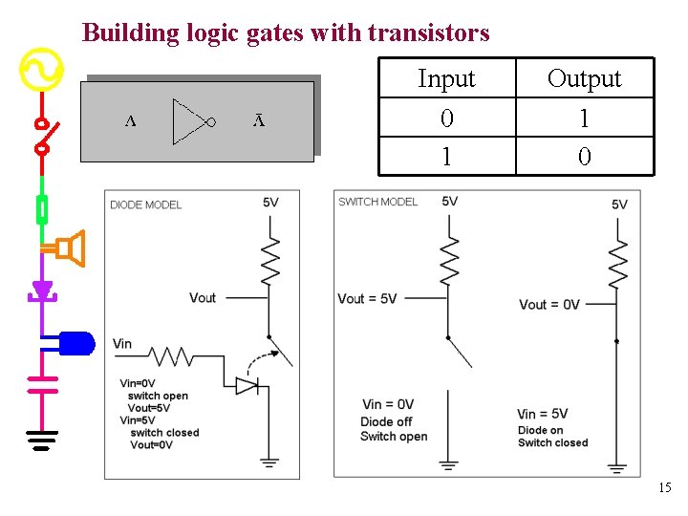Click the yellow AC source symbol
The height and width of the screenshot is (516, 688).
pyautogui.click(x=42, y=71)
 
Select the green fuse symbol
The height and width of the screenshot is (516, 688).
pyautogui.click(x=42, y=208)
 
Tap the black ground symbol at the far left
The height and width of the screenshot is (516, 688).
pyautogui.click(x=42, y=441)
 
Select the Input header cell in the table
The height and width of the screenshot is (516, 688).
pyautogui.click(x=446, y=78)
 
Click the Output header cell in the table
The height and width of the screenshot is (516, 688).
pyautogui.click(x=584, y=78)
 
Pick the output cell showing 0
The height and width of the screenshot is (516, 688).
pyautogui.click(x=584, y=156)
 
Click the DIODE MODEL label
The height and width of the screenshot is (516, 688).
pyautogui.click(x=145, y=204)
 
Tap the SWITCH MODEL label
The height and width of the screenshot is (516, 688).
pyautogui.click(x=377, y=202)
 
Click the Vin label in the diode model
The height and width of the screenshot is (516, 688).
pyautogui.click(x=122, y=344)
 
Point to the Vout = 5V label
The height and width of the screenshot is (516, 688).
pyautogui.click(x=367, y=298)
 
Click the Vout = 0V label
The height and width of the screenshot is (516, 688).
pyautogui.click(x=548, y=304)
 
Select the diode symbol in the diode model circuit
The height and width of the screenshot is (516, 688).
pyautogui.click(x=247, y=385)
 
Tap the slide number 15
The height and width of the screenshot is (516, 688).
pyautogui.click(x=664, y=488)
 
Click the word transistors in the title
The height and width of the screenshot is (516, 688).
pyautogui.click(x=428, y=33)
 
